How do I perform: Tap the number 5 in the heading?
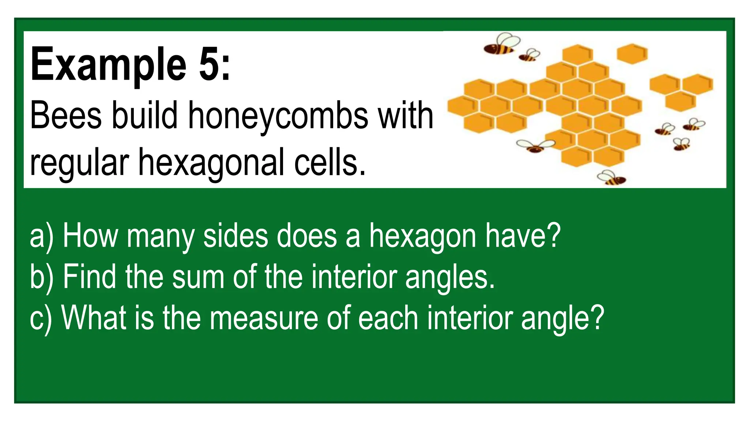point(209,64)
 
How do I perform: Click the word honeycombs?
point(278,116)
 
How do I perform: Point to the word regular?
point(79,163)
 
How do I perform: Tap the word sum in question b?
point(198,277)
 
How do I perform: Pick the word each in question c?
point(388,318)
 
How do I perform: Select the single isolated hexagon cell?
point(632,54)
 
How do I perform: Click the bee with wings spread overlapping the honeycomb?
point(535,146)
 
